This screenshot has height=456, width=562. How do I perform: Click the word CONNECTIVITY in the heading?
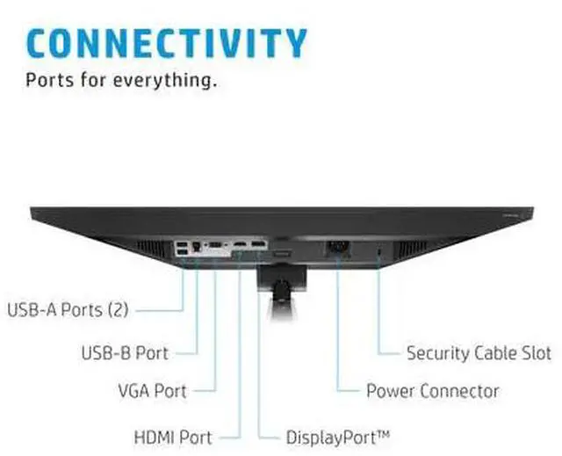[167, 42]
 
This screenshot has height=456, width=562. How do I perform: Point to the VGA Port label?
[152, 390]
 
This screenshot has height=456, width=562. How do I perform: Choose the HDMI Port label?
[172, 436]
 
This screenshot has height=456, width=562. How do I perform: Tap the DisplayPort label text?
[337, 436]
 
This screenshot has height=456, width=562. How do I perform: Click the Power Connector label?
[432, 391]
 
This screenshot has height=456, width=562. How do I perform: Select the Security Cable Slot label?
[479, 353]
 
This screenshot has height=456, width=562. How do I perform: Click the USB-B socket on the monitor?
[195, 249]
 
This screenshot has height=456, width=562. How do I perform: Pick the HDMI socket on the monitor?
[239, 242]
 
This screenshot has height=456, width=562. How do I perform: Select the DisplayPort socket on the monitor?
[258, 242]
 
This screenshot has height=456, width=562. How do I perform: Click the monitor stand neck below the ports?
[279, 290]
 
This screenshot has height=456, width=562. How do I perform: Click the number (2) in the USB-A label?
[119, 309]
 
